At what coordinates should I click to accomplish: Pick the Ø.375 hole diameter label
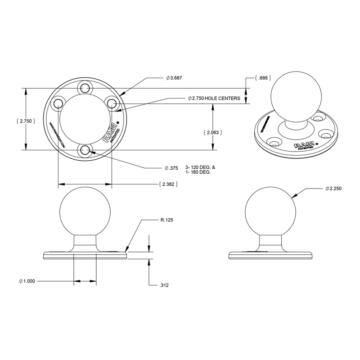coord(171,168)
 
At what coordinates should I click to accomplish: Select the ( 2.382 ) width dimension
coord(167,184)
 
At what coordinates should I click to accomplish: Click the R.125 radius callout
coord(166,220)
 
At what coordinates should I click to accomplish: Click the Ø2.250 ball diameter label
coord(333,189)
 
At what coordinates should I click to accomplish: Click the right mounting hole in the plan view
coord(112,103)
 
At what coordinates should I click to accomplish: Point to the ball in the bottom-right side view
coord(270,211)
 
